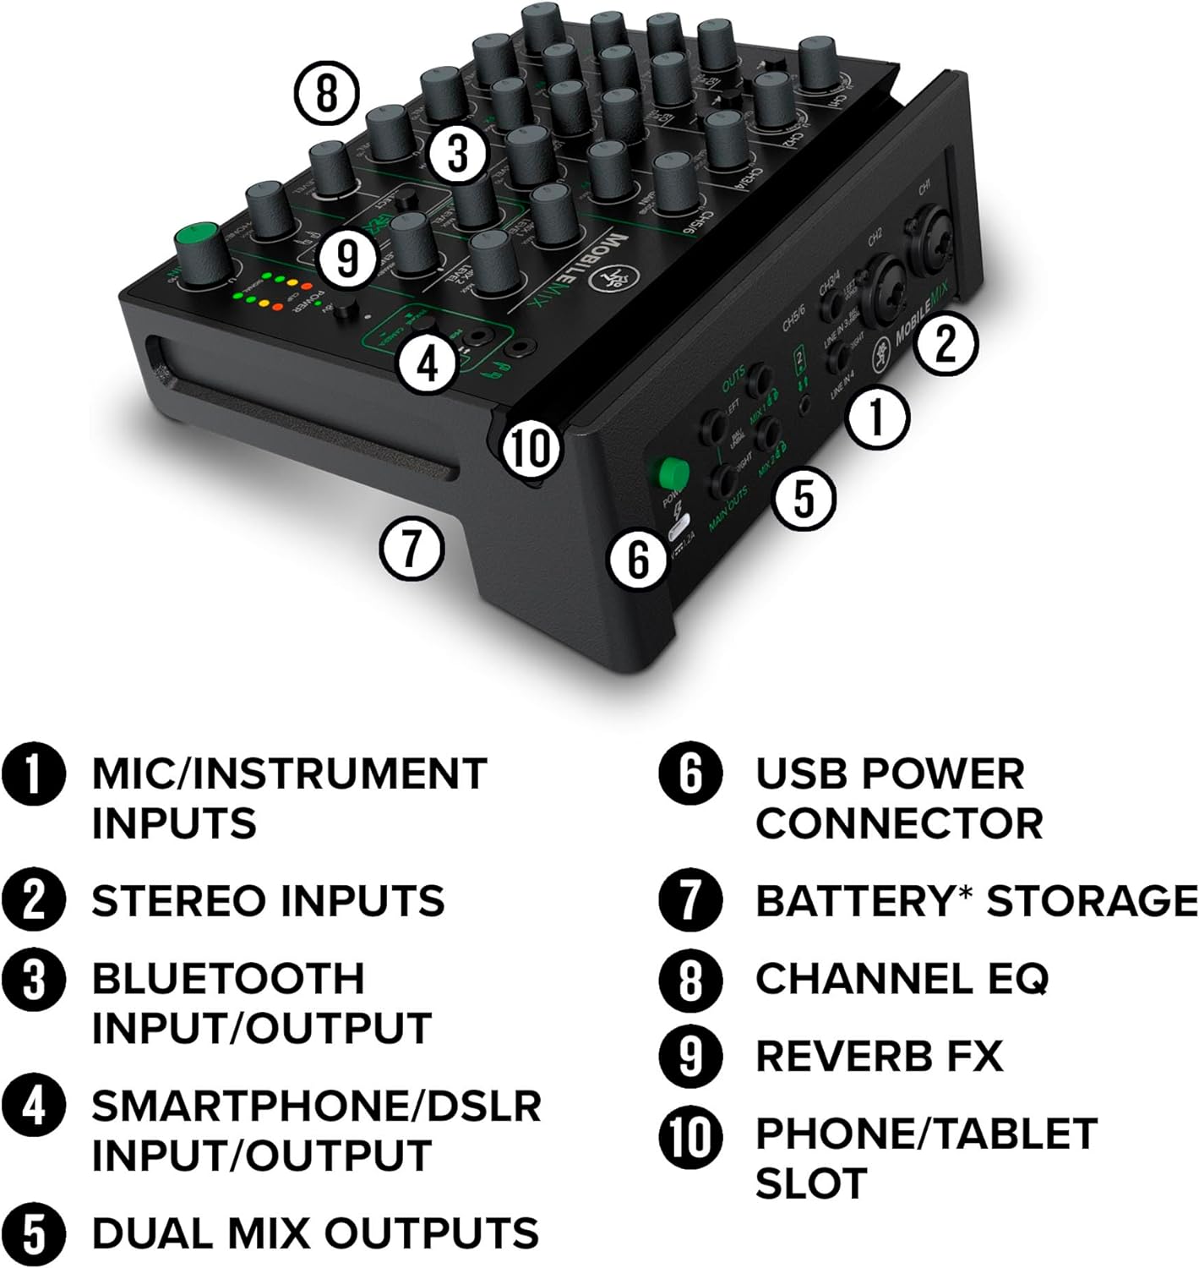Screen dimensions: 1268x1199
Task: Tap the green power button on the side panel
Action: (x=673, y=473)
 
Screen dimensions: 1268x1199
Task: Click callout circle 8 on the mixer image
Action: (x=327, y=93)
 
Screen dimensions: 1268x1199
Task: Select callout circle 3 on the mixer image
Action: (x=456, y=155)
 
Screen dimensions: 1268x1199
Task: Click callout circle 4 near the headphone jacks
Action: (x=428, y=364)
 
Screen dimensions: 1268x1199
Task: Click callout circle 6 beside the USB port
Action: (x=639, y=559)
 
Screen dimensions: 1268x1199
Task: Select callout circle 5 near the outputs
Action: (x=804, y=498)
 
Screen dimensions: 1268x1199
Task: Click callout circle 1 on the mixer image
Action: (x=878, y=417)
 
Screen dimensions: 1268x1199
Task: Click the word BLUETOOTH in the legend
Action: (x=228, y=979)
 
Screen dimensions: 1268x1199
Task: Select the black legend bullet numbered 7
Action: (x=690, y=900)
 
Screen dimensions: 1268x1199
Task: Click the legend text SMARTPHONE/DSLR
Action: (x=316, y=1106)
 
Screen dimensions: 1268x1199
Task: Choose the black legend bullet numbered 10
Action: (x=690, y=1134)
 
